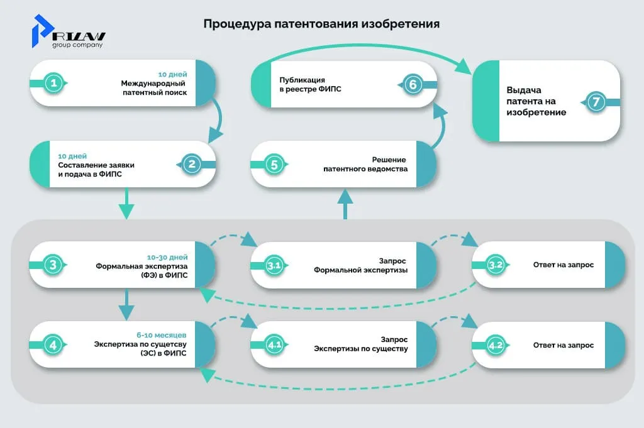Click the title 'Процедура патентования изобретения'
click(x=321, y=24)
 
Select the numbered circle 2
click(x=191, y=164)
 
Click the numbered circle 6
click(x=412, y=84)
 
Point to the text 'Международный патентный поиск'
click(x=154, y=88)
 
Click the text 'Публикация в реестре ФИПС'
click(x=302, y=85)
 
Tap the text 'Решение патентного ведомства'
click(x=365, y=164)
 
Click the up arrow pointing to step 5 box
click(x=345, y=204)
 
